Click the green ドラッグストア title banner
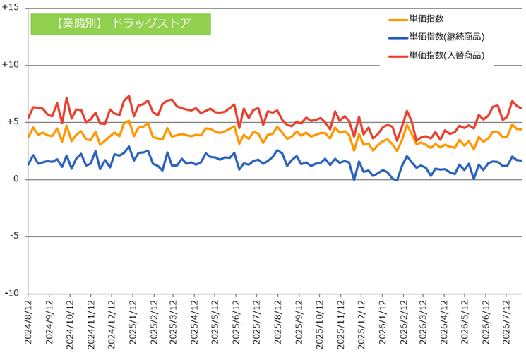(121, 24)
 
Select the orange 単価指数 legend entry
(416, 19)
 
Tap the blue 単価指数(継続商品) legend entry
(436, 37)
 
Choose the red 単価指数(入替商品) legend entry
(436, 55)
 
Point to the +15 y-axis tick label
(10, 7)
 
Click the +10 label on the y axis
(10, 64)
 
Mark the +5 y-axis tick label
(13, 121)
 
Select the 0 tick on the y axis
(16, 179)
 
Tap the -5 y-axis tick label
(14, 236)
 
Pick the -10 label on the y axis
(12, 293)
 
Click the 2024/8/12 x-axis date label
(28, 322)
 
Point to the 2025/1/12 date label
(133, 322)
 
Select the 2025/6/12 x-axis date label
(236, 322)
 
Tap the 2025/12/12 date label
(361, 325)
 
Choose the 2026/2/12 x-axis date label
(403, 322)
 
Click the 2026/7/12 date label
(506, 322)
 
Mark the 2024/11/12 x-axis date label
(91, 325)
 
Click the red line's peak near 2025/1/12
(129, 95)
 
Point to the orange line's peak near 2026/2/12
(407, 125)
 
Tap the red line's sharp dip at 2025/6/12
(239, 128)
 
